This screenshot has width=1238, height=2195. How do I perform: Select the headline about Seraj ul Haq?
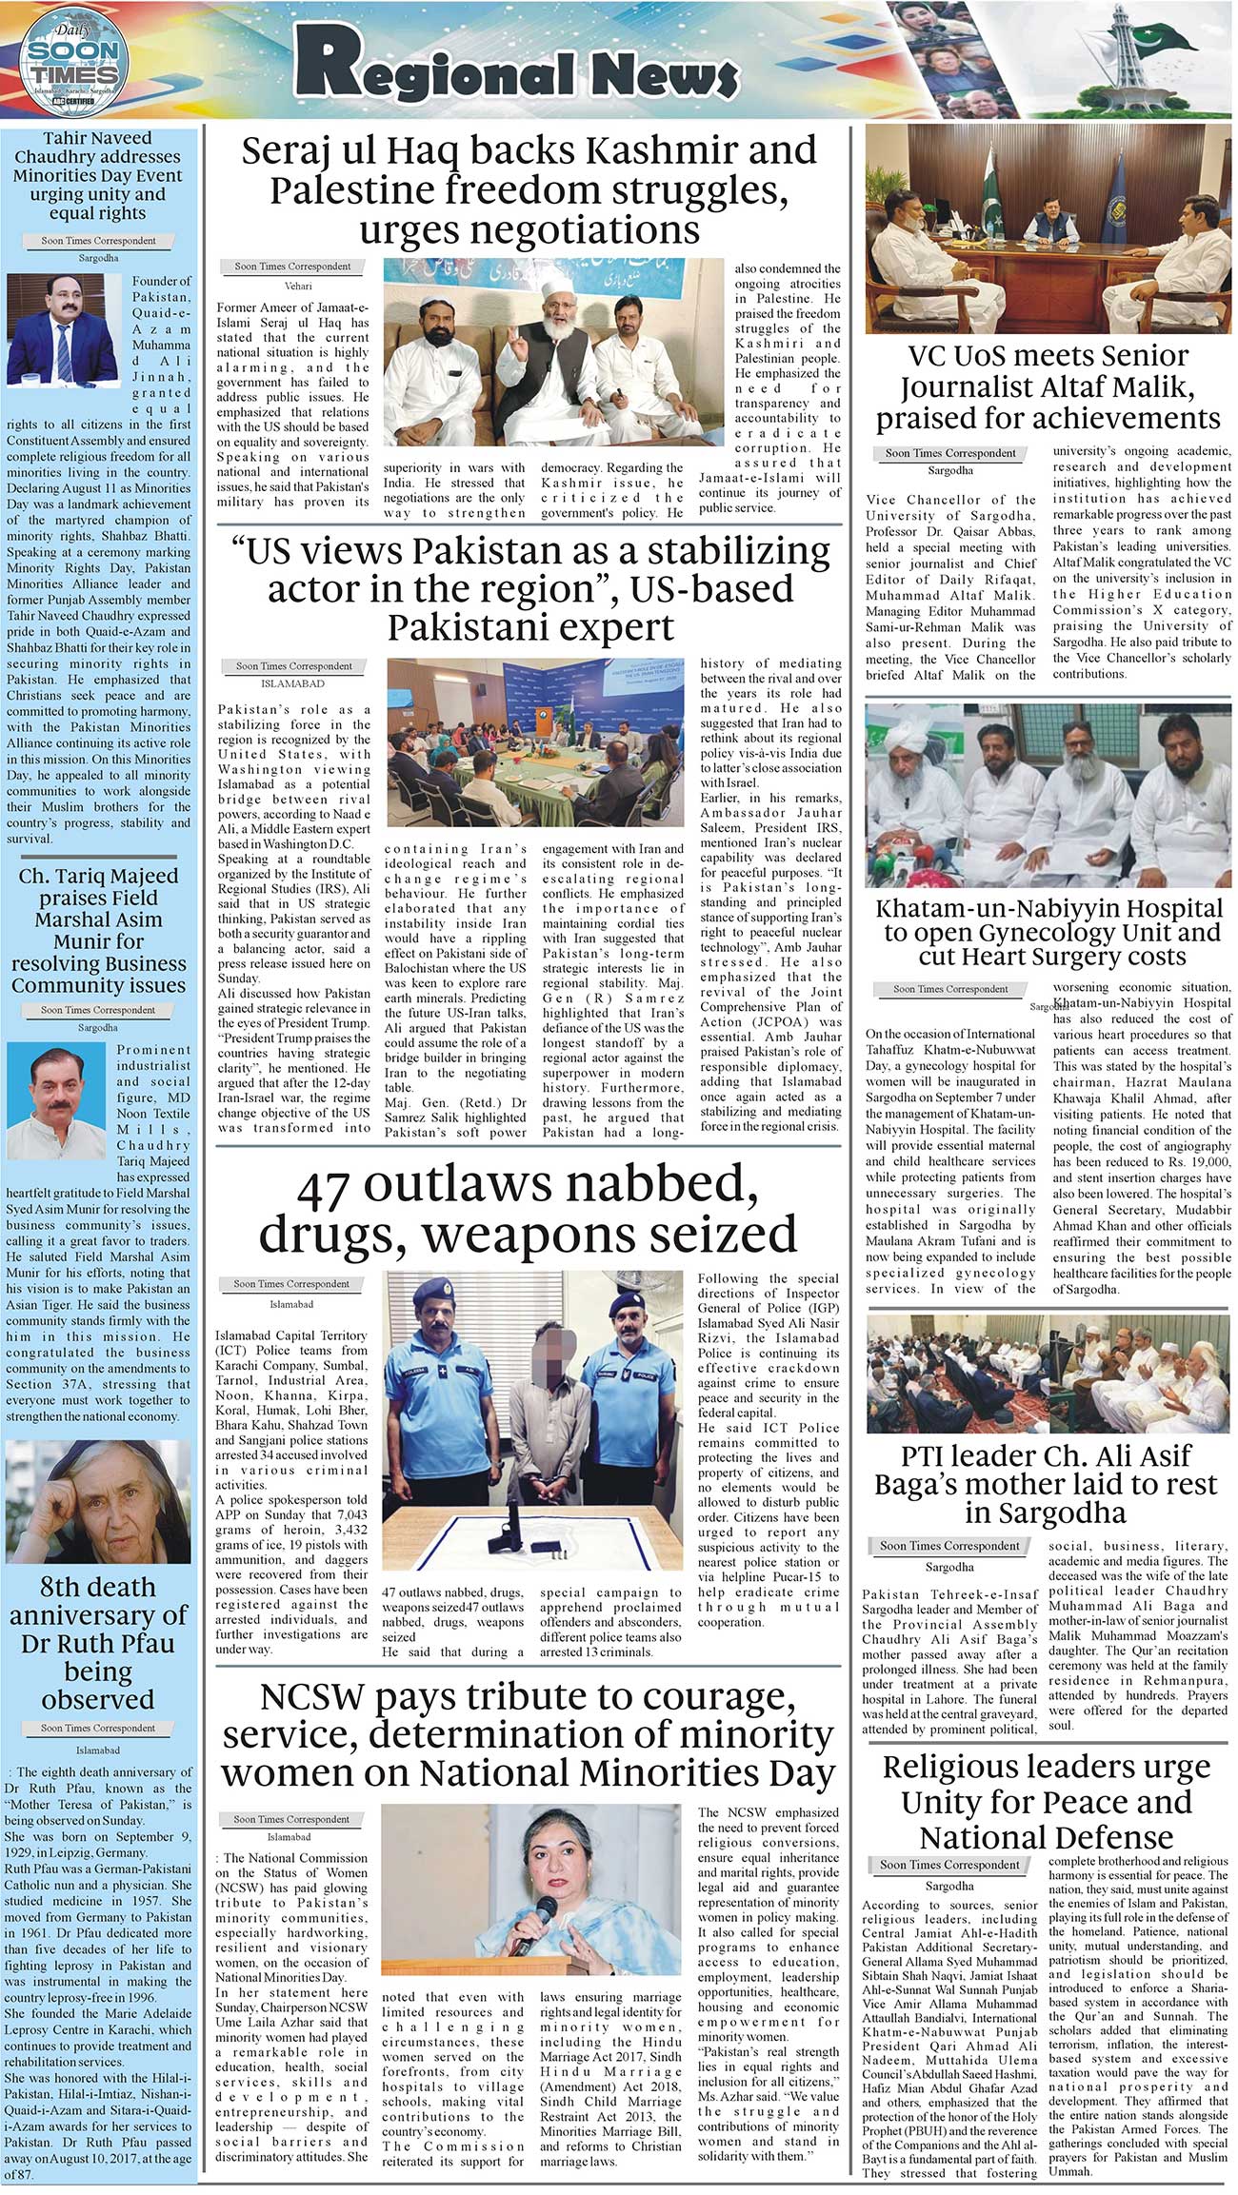pyautogui.click(x=529, y=190)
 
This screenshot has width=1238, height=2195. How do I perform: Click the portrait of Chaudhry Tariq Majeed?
pyautogui.click(x=57, y=1099)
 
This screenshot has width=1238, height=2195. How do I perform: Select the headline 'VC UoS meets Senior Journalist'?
pyautogui.click(x=1048, y=386)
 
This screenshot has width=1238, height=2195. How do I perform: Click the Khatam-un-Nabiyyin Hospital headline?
pyautogui.click(x=1048, y=932)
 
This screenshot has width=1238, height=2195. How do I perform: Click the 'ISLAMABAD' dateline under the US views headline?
pyautogui.click(x=292, y=683)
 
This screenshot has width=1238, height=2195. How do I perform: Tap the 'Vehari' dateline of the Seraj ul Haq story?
pyautogui.click(x=298, y=286)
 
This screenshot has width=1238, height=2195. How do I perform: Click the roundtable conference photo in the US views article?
pyautogui.click(x=535, y=742)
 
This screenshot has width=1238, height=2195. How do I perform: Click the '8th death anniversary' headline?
pyautogui.click(x=98, y=1643)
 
